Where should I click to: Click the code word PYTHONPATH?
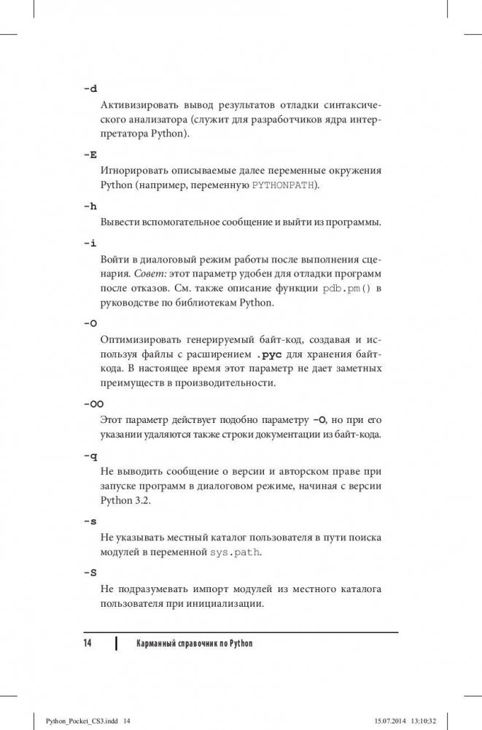[x=284, y=186]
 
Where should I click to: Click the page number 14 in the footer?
[x=87, y=644]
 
